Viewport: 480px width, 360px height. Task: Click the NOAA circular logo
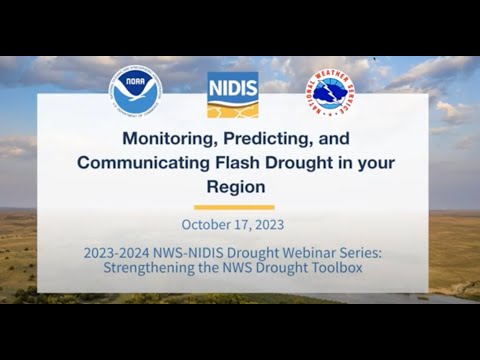[136, 93]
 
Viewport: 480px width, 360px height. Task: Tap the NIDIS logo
[233, 95]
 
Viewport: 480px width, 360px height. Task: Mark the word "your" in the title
[357, 161]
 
